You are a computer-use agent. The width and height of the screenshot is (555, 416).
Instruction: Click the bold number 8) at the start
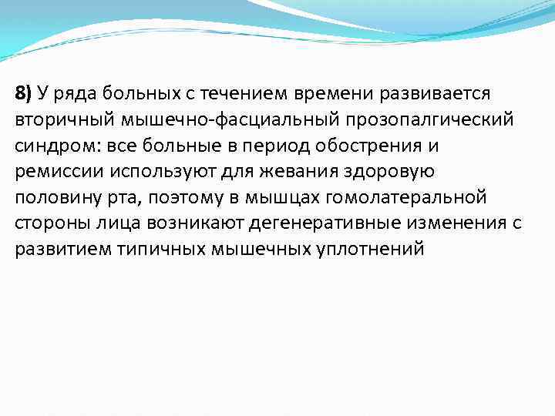(x=23, y=94)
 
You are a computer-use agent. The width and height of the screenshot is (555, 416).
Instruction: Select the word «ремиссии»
(x=57, y=172)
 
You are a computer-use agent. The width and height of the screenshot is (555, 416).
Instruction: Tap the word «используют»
(x=166, y=172)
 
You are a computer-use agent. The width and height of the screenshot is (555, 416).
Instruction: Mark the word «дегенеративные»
(x=310, y=224)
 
